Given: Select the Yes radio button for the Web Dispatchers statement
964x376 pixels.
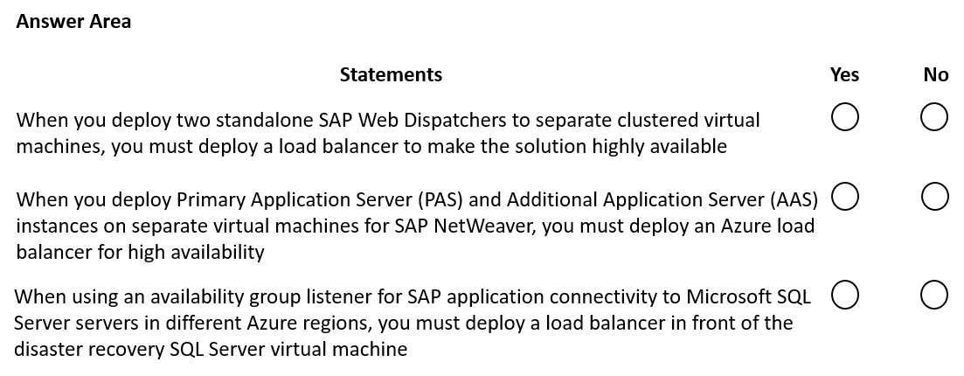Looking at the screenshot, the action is pos(845,117).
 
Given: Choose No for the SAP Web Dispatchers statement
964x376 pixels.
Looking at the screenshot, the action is pos(934,117).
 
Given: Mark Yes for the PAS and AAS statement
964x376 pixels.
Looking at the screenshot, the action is pos(845,197).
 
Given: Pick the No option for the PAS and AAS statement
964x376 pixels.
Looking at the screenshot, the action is pos(934,197).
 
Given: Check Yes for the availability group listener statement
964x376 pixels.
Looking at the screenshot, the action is pos(845,294).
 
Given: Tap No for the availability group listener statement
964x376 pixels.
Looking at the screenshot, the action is pos(934,294).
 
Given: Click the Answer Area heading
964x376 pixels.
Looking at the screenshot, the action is pos(73,22).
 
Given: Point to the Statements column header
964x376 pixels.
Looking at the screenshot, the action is pos(391,74).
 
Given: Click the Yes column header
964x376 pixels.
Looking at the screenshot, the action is pos(844,74).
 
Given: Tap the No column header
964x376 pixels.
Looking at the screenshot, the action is pos(936,74).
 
